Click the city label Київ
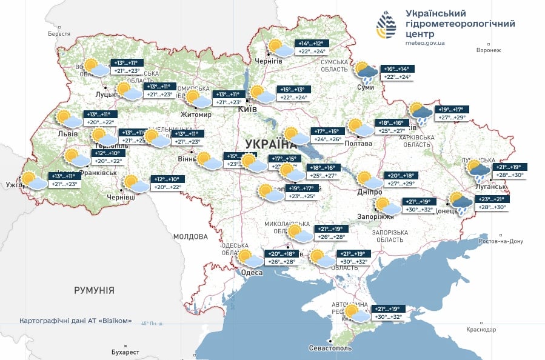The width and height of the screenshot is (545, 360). (x=247, y=109)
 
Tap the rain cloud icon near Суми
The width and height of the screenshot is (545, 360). (x=366, y=72)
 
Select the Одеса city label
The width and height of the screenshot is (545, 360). (x=252, y=273)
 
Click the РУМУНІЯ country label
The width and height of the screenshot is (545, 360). (x=94, y=290)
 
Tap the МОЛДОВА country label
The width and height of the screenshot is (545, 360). (x=190, y=236)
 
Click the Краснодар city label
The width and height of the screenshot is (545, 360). (x=481, y=330)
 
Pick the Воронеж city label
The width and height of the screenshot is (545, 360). (x=489, y=50)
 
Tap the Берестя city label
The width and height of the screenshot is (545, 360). (x=59, y=34)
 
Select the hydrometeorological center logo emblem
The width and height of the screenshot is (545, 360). (x=387, y=27)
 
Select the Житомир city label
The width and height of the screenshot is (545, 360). (x=196, y=115)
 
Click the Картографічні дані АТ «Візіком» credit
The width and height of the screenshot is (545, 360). (x=75, y=321)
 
